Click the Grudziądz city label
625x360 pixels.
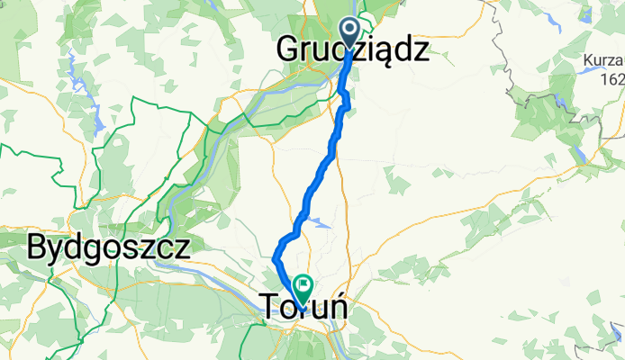[x=351, y=49]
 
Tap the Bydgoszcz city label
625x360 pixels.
[x=108, y=246]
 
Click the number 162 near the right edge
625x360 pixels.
[x=612, y=78]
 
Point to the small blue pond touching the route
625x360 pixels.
[x=315, y=216]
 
